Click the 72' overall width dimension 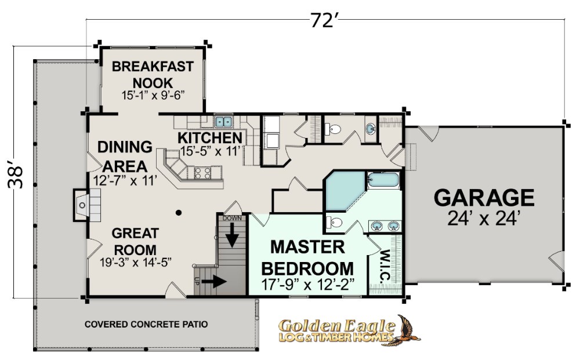[x=322, y=20]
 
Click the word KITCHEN [x=210, y=137]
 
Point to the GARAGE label [x=484, y=198]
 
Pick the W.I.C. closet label [x=385, y=266]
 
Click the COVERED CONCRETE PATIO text [x=146, y=324]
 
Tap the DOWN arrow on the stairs [x=233, y=236]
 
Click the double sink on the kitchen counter [x=223, y=122]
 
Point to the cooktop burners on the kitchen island [x=202, y=173]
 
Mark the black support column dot [x=179, y=213]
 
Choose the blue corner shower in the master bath [x=345, y=190]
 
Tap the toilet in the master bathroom [x=334, y=223]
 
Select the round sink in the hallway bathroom [x=371, y=129]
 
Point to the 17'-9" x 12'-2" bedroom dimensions [x=308, y=285]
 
